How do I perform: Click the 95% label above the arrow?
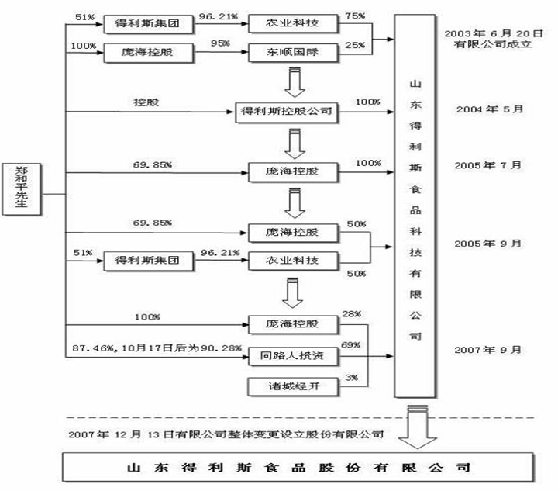coord(219,43)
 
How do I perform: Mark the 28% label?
coord(351,314)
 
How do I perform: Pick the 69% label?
coord(351,344)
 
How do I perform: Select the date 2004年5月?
coord(491,108)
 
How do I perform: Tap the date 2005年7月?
coord(491,165)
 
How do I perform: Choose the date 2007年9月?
coord(491,348)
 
